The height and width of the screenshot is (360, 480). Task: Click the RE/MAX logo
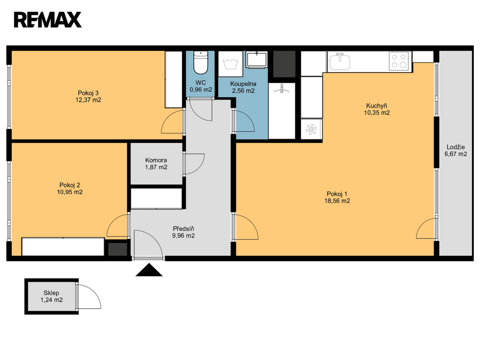(x=47, y=20)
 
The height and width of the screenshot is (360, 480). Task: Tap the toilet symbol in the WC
(x=201, y=62)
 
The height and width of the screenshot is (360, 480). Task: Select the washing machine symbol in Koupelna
(x=231, y=64)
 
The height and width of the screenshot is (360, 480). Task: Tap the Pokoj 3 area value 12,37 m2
(x=88, y=100)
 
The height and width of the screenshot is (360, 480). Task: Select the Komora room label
(x=156, y=160)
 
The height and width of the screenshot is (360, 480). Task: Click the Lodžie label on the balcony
(x=456, y=147)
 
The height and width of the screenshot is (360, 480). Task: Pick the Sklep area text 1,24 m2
(x=52, y=300)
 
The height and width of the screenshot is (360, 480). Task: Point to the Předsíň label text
(x=183, y=229)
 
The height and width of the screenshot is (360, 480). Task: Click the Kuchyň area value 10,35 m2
(x=376, y=112)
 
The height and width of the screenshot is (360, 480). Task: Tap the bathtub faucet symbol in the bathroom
(x=281, y=89)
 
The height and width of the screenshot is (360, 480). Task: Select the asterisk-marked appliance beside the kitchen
(x=311, y=129)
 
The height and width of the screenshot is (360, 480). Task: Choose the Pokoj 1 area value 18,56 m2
(x=337, y=201)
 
